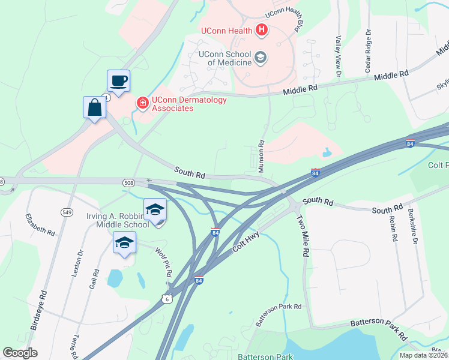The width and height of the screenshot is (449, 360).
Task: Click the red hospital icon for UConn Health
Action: pyautogui.click(x=262, y=29)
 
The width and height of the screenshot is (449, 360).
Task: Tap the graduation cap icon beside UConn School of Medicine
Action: pyautogui.click(x=261, y=58)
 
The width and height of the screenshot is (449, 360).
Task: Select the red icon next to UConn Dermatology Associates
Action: pyautogui.click(x=143, y=103)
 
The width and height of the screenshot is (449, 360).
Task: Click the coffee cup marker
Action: pyautogui.click(x=118, y=81)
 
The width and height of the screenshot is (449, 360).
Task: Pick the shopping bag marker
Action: pyautogui.click(x=95, y=108)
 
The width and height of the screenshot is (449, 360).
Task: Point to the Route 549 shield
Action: pyautogui.click(x=67, y=211)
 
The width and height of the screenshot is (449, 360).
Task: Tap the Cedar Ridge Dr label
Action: pyautogui.click(x=369, y=52)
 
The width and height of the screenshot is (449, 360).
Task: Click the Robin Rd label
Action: pyautogui.click(x=394, y=228)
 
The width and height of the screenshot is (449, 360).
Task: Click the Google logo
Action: pyautogui.click(x=20, y=353)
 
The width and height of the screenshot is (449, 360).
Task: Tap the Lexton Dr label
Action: pyautogui.click(x=76, y=263)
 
